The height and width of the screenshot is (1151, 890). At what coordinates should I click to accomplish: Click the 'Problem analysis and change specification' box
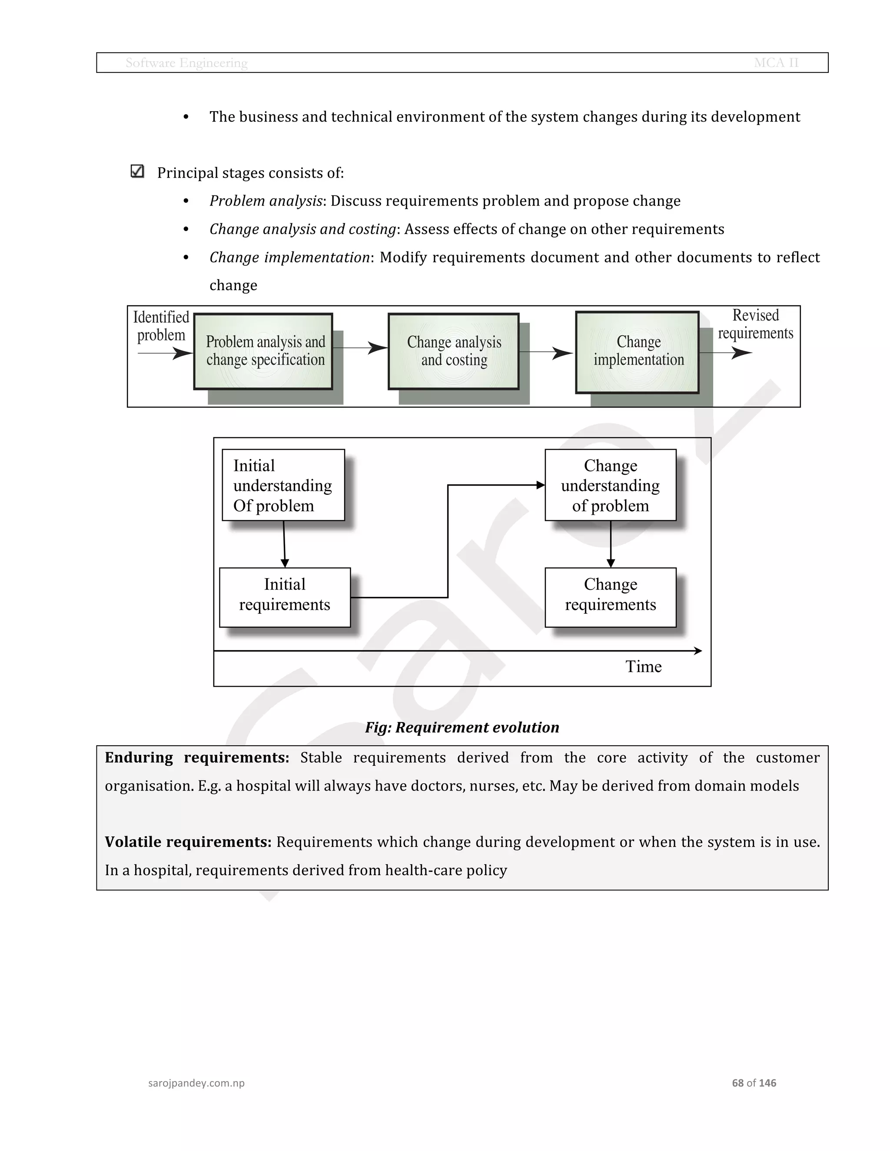263,351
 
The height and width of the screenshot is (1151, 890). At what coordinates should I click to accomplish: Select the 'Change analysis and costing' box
453,351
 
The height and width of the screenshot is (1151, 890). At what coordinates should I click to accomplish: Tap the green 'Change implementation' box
638,351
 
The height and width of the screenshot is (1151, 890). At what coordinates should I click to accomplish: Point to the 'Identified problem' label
161,326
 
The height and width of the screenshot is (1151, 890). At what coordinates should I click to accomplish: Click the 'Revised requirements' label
755,324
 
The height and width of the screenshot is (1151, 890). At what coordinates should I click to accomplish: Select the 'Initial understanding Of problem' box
283,485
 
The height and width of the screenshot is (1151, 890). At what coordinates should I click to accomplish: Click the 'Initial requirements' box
285,597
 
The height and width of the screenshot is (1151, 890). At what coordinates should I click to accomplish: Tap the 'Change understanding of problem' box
610,485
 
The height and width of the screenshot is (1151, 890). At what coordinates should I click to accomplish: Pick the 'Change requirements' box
610,597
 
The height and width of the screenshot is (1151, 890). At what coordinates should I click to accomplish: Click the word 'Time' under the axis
643,666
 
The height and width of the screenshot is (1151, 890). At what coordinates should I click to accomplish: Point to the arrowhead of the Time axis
699,651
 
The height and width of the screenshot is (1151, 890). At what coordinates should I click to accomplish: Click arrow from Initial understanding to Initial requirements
284,544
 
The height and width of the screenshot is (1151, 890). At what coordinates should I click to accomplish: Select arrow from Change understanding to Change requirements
611,544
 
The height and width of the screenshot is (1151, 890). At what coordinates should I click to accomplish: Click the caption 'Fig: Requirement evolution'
462,727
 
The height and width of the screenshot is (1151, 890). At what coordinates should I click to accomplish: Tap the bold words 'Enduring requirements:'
197,757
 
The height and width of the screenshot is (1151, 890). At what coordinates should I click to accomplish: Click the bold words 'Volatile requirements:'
188,842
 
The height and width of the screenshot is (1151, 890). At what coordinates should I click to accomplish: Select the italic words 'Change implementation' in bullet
289,257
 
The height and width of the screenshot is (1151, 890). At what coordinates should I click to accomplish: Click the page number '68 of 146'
754,1082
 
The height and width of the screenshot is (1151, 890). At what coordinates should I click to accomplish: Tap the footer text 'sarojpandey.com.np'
196,1083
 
